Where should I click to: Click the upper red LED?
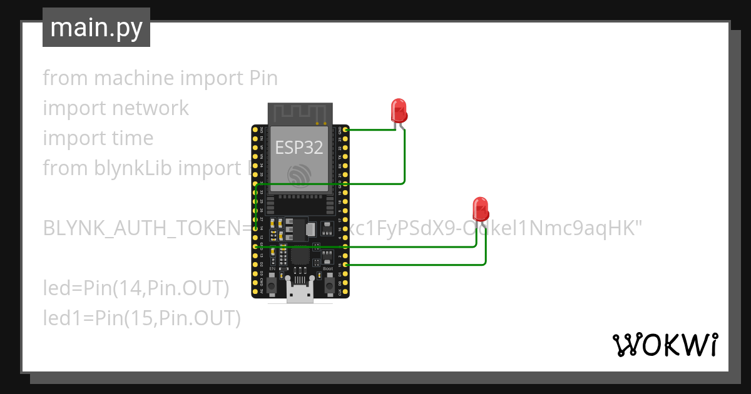[x=399, y=111]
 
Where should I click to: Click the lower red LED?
[x=480, y=209]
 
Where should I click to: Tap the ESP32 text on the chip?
[x=299, y=148]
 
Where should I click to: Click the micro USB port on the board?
[x=300, y=293]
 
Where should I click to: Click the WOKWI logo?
[x=665, y=345]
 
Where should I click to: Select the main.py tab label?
[x=96, y=28]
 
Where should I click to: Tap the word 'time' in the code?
[x=130, y=138]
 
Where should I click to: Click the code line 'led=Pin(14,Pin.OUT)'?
[x=136, y=288]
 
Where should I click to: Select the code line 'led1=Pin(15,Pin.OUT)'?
[x=141, y=318]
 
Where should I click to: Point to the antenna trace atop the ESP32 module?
[x=299, y=113]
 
